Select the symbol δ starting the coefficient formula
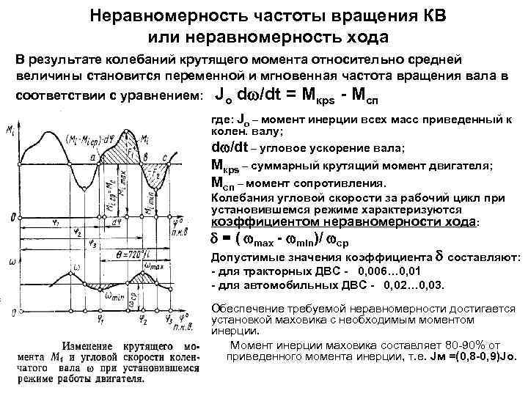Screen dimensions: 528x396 pos(216,239)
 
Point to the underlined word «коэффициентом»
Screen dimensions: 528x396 pos(257,221)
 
